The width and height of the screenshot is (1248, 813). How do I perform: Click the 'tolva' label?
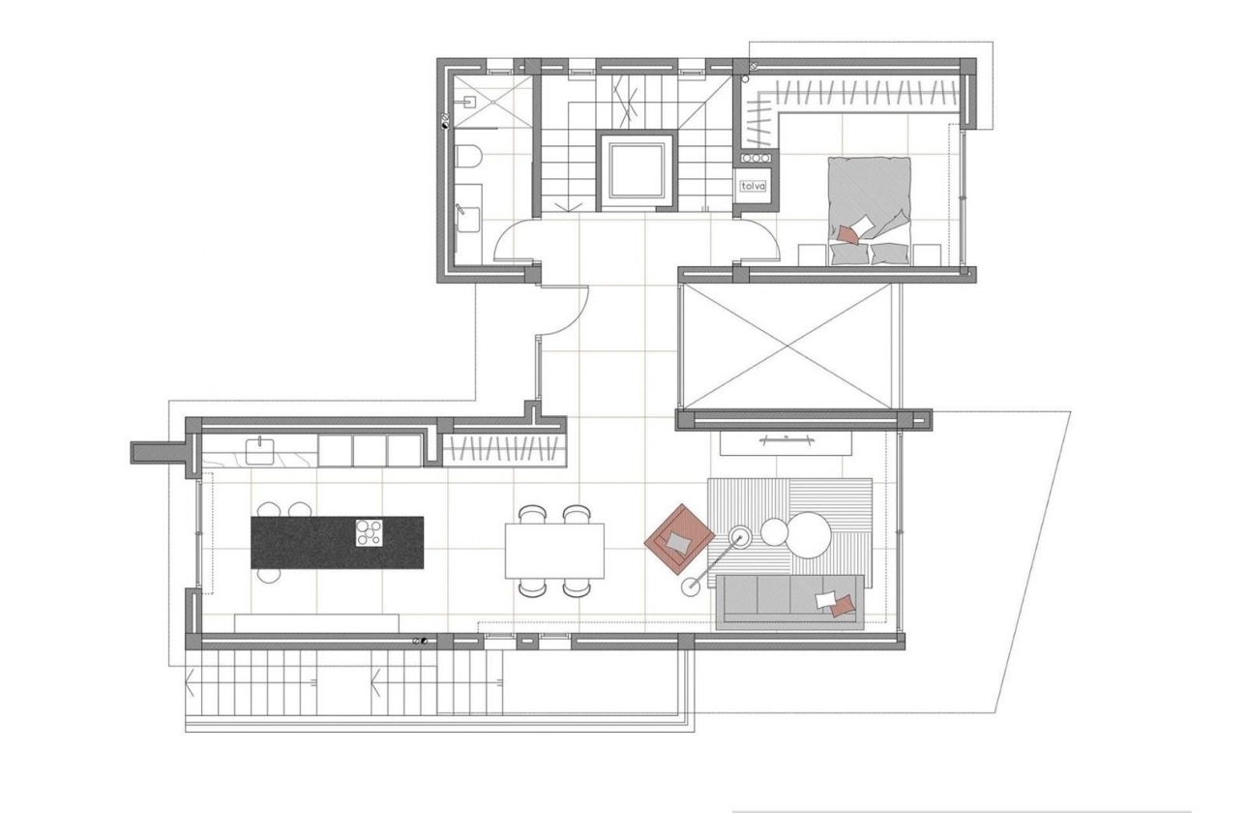point(753,186)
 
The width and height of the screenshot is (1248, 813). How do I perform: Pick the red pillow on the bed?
point(848,233)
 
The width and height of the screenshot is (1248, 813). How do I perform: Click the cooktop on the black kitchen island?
point(369,533)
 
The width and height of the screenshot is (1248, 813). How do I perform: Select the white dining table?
point(554,550)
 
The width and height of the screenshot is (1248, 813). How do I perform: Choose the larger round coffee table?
point(810,534)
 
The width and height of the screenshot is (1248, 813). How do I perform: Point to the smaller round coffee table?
point(774,531)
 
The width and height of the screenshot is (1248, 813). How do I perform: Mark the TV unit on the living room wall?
point(786,441)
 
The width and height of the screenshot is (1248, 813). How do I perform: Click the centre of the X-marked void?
point(789,346)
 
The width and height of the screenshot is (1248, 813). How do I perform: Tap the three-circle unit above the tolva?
point(755,157)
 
